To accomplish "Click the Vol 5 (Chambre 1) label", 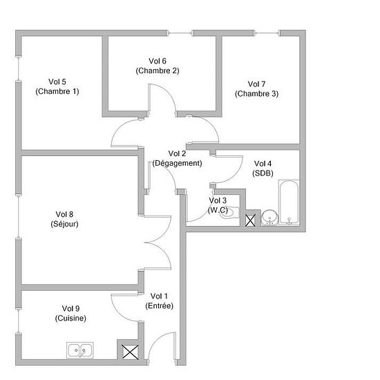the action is coord(57,86).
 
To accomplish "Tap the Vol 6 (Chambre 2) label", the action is coord(158,66).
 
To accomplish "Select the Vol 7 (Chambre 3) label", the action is coord(256,89).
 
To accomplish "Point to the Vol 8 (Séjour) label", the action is coord(64,219).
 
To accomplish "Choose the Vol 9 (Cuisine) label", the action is coord(70,314).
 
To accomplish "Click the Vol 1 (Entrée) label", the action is coord(159,301).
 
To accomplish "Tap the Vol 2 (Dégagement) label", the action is coord(177,158).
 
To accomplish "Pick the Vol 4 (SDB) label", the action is coord(263,169).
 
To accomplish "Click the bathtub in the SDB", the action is coord(289,202).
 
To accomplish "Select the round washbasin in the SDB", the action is coord(269,218).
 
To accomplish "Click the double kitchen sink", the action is coord(80,350).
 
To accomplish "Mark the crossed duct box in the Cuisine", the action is coord(130,352).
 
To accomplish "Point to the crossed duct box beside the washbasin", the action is coord(250,220).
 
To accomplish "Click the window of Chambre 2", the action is coord(180,33).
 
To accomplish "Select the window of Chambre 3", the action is coord(267,33).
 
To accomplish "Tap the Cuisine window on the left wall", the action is coord(19,321).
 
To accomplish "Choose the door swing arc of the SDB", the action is coord(235,175).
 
